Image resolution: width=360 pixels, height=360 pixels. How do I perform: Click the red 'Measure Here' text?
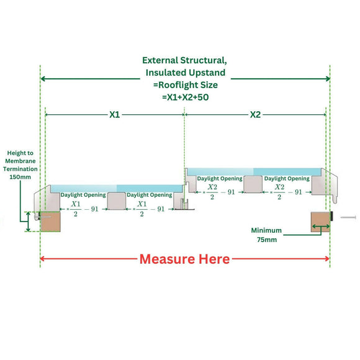coord(184,258)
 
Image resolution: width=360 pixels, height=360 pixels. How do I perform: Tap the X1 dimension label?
coord(115,115)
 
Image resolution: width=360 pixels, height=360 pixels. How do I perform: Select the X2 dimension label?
coord(255,115)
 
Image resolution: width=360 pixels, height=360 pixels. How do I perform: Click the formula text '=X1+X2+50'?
coord(184,97)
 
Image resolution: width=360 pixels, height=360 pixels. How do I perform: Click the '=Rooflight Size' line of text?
coord(184,85)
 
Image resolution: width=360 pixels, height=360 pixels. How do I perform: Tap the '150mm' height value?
coord(20,177)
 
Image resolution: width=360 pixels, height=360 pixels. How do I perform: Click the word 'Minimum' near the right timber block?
coord(266,230)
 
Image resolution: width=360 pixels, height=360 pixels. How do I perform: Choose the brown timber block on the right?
coord(320,222)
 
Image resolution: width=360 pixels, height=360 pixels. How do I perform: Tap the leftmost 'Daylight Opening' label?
coord(79,195)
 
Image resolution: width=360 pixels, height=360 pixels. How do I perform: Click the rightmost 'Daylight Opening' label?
coord(287,179)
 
